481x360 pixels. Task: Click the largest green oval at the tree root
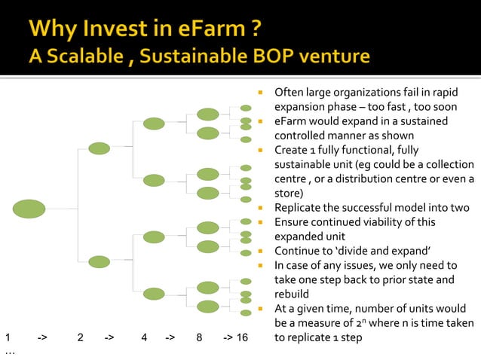point(29,209)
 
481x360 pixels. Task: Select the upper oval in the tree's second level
point(100,148)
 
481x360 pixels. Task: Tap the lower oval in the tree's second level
point(100,262)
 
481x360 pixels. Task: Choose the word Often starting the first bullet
point(290,93)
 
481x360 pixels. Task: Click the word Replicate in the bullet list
point(299,208)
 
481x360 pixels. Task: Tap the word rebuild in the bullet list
point(293,294)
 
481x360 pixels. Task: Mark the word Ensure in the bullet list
point(292,222)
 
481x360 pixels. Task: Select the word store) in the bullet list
point(289,194)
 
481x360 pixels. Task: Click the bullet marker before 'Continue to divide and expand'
point(259,251)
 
